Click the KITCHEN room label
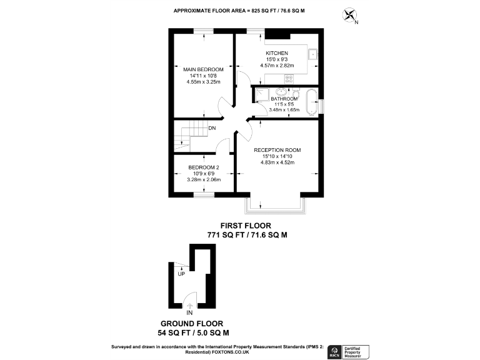point(276,53)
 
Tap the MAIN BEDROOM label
point(203,69)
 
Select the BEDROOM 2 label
point(203,167)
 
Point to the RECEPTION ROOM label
point(277,150)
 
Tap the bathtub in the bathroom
point(311,101)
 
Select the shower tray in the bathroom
point(261,94)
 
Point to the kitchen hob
point(289,79)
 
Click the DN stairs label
point(212,129)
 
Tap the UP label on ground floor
point(181,274)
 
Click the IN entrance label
point(190,312)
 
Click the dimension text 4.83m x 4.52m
point(277,162)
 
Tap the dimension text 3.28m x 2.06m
point(203,180)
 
